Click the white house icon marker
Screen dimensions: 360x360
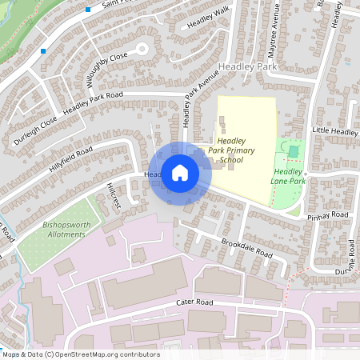(180, 172)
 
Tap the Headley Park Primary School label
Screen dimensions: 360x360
(231, 150)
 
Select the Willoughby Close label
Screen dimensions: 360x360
(107, 71)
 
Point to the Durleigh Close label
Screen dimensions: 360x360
(35, 132)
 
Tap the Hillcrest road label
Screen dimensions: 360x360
(112, 195)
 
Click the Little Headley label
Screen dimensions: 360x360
(335, 131)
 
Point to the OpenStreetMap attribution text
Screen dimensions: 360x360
(80, 354)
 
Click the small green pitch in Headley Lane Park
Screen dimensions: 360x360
(294, 150)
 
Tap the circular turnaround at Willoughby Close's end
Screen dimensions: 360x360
(142, 49)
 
